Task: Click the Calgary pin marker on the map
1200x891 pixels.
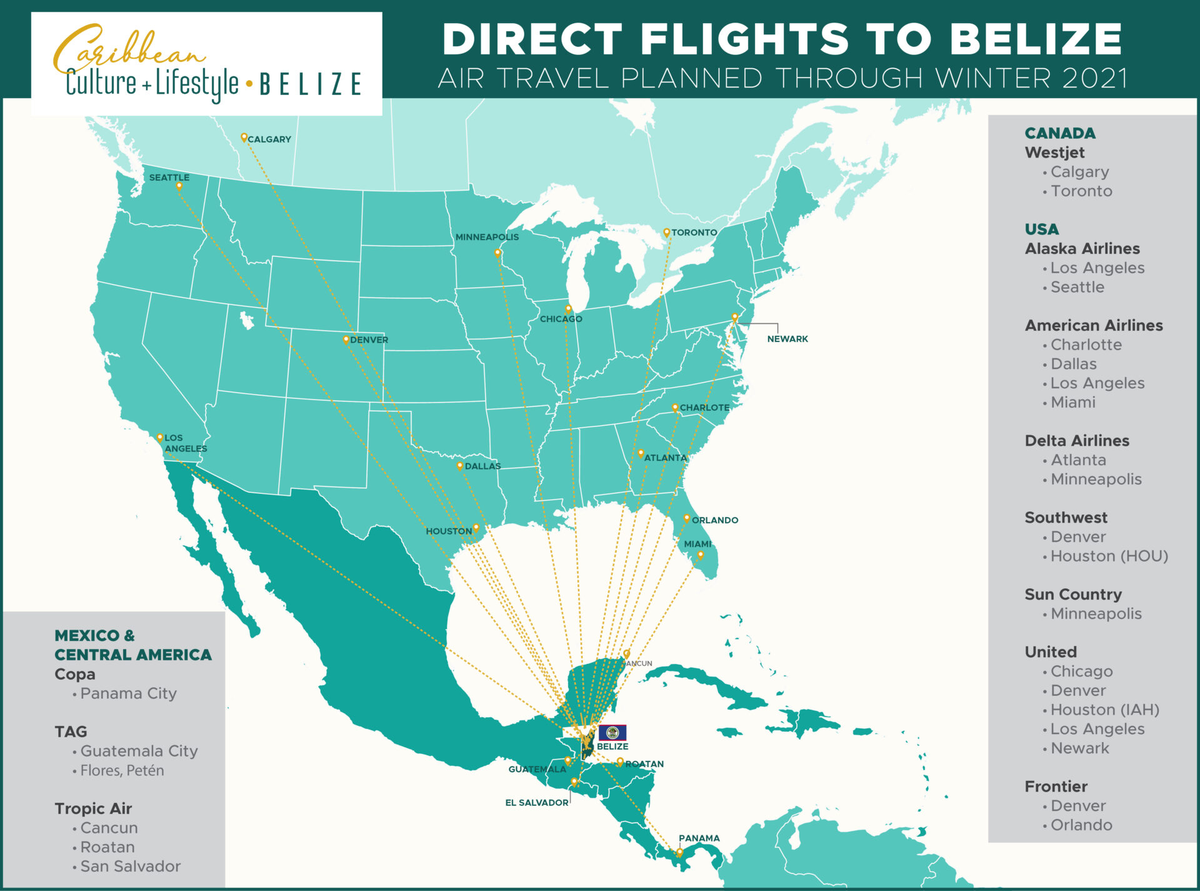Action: coord(244,137)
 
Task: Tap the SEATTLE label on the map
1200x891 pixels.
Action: coord(169,178)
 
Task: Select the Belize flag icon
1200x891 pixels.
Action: coord(612,732)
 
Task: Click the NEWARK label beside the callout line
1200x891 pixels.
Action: coord(787,339)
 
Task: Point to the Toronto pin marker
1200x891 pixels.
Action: coord(666,232)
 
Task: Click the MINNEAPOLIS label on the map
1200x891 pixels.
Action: coord(487,237)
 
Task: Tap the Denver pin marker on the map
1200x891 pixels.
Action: coord(346,340)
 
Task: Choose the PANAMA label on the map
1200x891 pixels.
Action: coord(699,838)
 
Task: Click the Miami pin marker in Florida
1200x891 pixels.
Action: coord(700,555)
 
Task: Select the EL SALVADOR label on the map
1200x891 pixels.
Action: coord(536,802)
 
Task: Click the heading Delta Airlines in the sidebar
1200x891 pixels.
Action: coord(1076,440)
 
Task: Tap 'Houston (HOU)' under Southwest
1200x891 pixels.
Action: coord(1109,556)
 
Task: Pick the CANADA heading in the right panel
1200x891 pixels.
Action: coord(1060,133)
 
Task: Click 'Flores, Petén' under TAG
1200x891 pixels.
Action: coord(122,770)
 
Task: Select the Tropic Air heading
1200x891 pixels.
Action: coord(93,808)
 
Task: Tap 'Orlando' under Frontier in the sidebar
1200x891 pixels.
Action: coord(1081,825)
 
